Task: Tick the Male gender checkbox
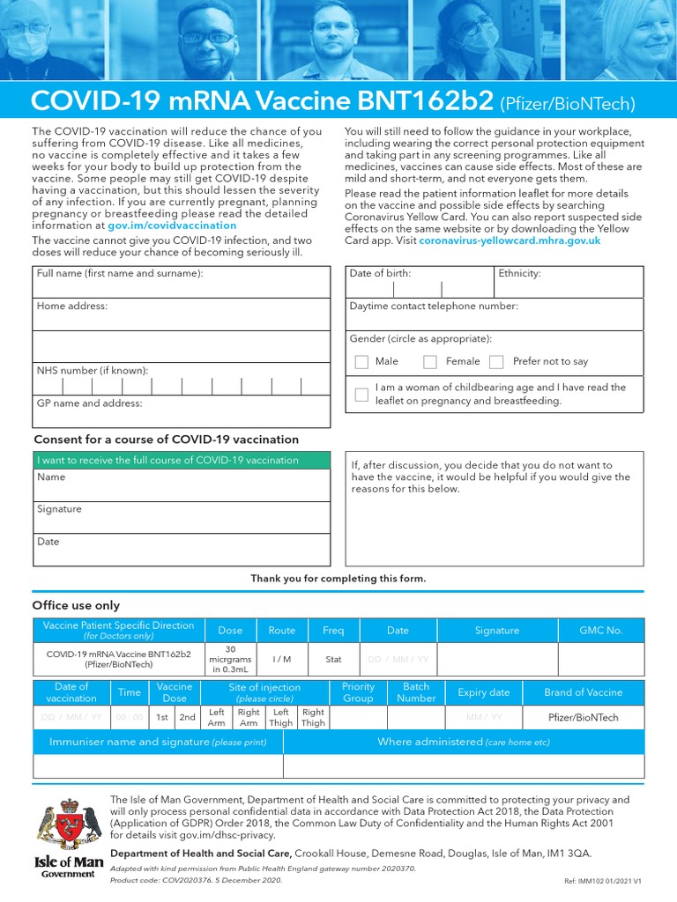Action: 361,362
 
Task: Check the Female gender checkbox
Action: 430,362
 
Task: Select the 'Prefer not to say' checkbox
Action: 496,362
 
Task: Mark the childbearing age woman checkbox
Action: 361,395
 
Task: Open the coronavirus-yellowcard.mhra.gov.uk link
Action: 510,240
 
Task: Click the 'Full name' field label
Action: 120,274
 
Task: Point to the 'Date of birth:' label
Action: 380,274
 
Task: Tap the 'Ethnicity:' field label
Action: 519,274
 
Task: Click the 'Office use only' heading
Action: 76,605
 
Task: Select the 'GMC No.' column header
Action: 600,631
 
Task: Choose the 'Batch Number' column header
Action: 416,692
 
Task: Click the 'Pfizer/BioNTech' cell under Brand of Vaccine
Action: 583,717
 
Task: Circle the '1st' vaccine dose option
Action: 162,717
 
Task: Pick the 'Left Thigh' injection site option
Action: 280,717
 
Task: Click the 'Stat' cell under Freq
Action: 333,659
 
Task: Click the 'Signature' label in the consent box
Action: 59,509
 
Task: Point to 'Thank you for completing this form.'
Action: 338,579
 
